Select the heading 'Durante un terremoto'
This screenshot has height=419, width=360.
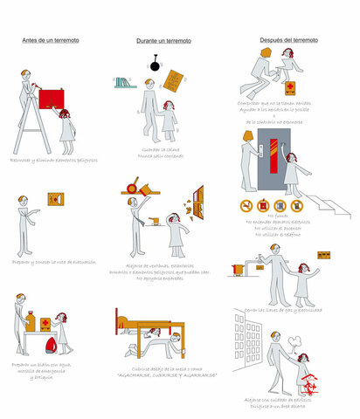(x=163, y=41)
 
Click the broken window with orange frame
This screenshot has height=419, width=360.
(x=199, y=201)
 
